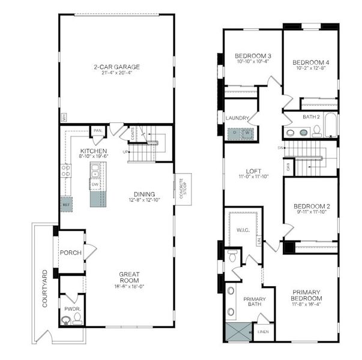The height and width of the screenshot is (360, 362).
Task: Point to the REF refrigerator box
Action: click(x=65, y=205)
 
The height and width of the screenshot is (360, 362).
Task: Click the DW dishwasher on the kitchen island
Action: click(x=95, y=185)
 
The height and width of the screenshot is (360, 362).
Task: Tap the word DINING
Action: click(x=145, y=194)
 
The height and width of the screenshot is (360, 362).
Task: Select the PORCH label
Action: click(x=71, y=253)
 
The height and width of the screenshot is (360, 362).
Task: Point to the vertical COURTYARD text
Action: click(x=44, y=289)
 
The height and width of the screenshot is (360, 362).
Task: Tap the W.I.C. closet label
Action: click(x=243, y=229)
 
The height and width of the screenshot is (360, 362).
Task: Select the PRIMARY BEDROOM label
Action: click(x=306, y=295)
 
